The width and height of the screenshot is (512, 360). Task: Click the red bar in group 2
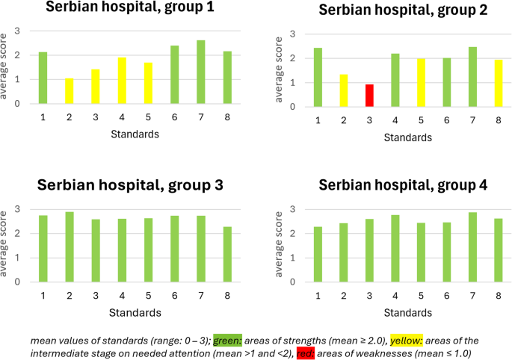[368, 96]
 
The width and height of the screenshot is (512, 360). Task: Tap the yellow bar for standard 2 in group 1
[70, 91]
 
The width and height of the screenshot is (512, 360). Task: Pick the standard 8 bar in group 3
[227, 255]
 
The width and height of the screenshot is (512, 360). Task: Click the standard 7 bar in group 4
[473, 247]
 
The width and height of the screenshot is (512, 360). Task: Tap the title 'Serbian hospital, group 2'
[392, 11]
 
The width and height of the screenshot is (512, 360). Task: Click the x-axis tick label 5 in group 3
[148, 294]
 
